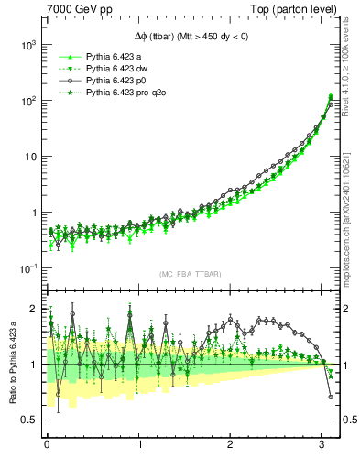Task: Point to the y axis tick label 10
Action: (31, 157)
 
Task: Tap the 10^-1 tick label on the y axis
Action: (28, 268)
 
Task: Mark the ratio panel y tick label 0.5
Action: (32, 420)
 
